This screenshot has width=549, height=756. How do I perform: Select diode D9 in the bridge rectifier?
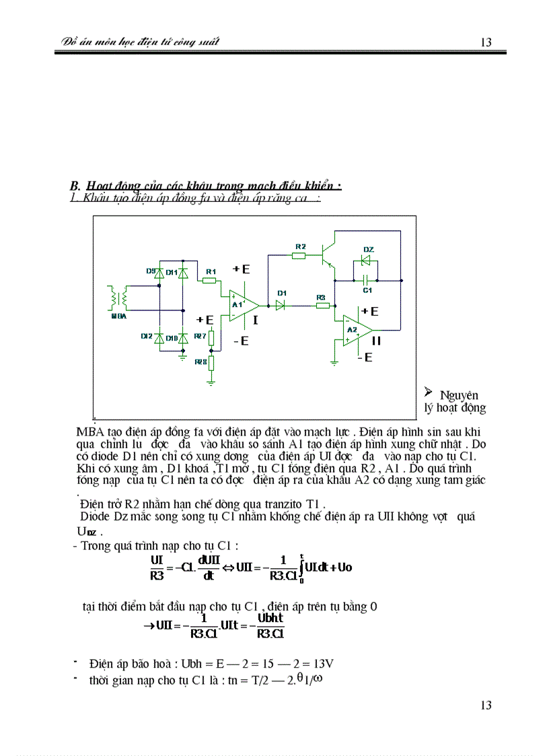(159, 273)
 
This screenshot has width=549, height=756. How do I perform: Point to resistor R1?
(211, 280)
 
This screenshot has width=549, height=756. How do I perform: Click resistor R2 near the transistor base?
(299, 255)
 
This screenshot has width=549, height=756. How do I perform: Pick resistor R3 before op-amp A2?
(322, 306)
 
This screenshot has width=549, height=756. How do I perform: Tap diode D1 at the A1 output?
(281, 305)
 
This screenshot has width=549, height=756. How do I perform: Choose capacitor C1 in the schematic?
(366, 279)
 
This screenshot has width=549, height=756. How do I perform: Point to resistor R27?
(211, 337)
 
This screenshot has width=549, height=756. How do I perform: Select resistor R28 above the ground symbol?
(211, 362)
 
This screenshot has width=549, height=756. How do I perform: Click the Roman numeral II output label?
(376, 341)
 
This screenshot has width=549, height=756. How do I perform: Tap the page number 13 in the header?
(486, 42)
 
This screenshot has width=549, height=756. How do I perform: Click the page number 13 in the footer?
(486, 705)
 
